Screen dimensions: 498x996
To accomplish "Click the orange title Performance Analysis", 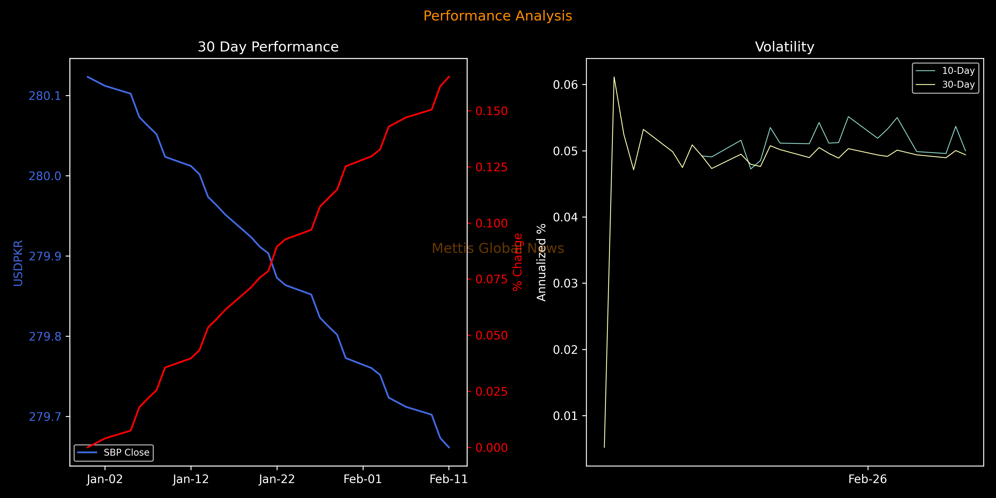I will (498, 16).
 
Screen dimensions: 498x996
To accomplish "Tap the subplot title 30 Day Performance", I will (268, 47).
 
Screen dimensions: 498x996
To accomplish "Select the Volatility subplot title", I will (785, 47).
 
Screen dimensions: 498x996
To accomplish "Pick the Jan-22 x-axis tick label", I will (277, 479).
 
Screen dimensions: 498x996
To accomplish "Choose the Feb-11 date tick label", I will (448, 479).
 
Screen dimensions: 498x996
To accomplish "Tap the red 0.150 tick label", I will (491, 111).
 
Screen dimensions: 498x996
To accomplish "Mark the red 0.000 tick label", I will (491, 448).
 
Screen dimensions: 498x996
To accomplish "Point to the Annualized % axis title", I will (541, 262).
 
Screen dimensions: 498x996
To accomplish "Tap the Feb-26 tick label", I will (868, 479).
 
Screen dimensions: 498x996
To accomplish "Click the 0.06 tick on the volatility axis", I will (565, 85).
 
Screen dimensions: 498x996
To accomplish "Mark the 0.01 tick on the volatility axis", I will (565, 416).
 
